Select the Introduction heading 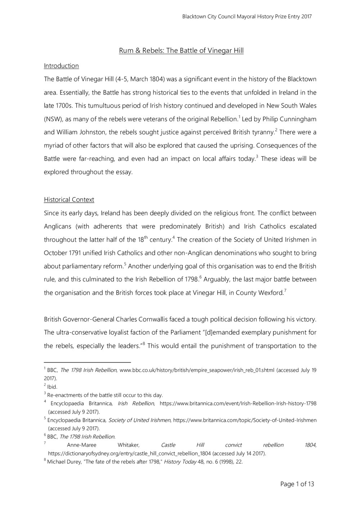click(x=61, y=66)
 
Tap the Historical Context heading click(x=69, y=199)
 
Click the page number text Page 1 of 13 click(x=297, y=484)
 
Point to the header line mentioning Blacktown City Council click(x=247, y=17)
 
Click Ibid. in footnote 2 click(x=52, y=387)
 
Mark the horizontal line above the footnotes click(x=87, y=362)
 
